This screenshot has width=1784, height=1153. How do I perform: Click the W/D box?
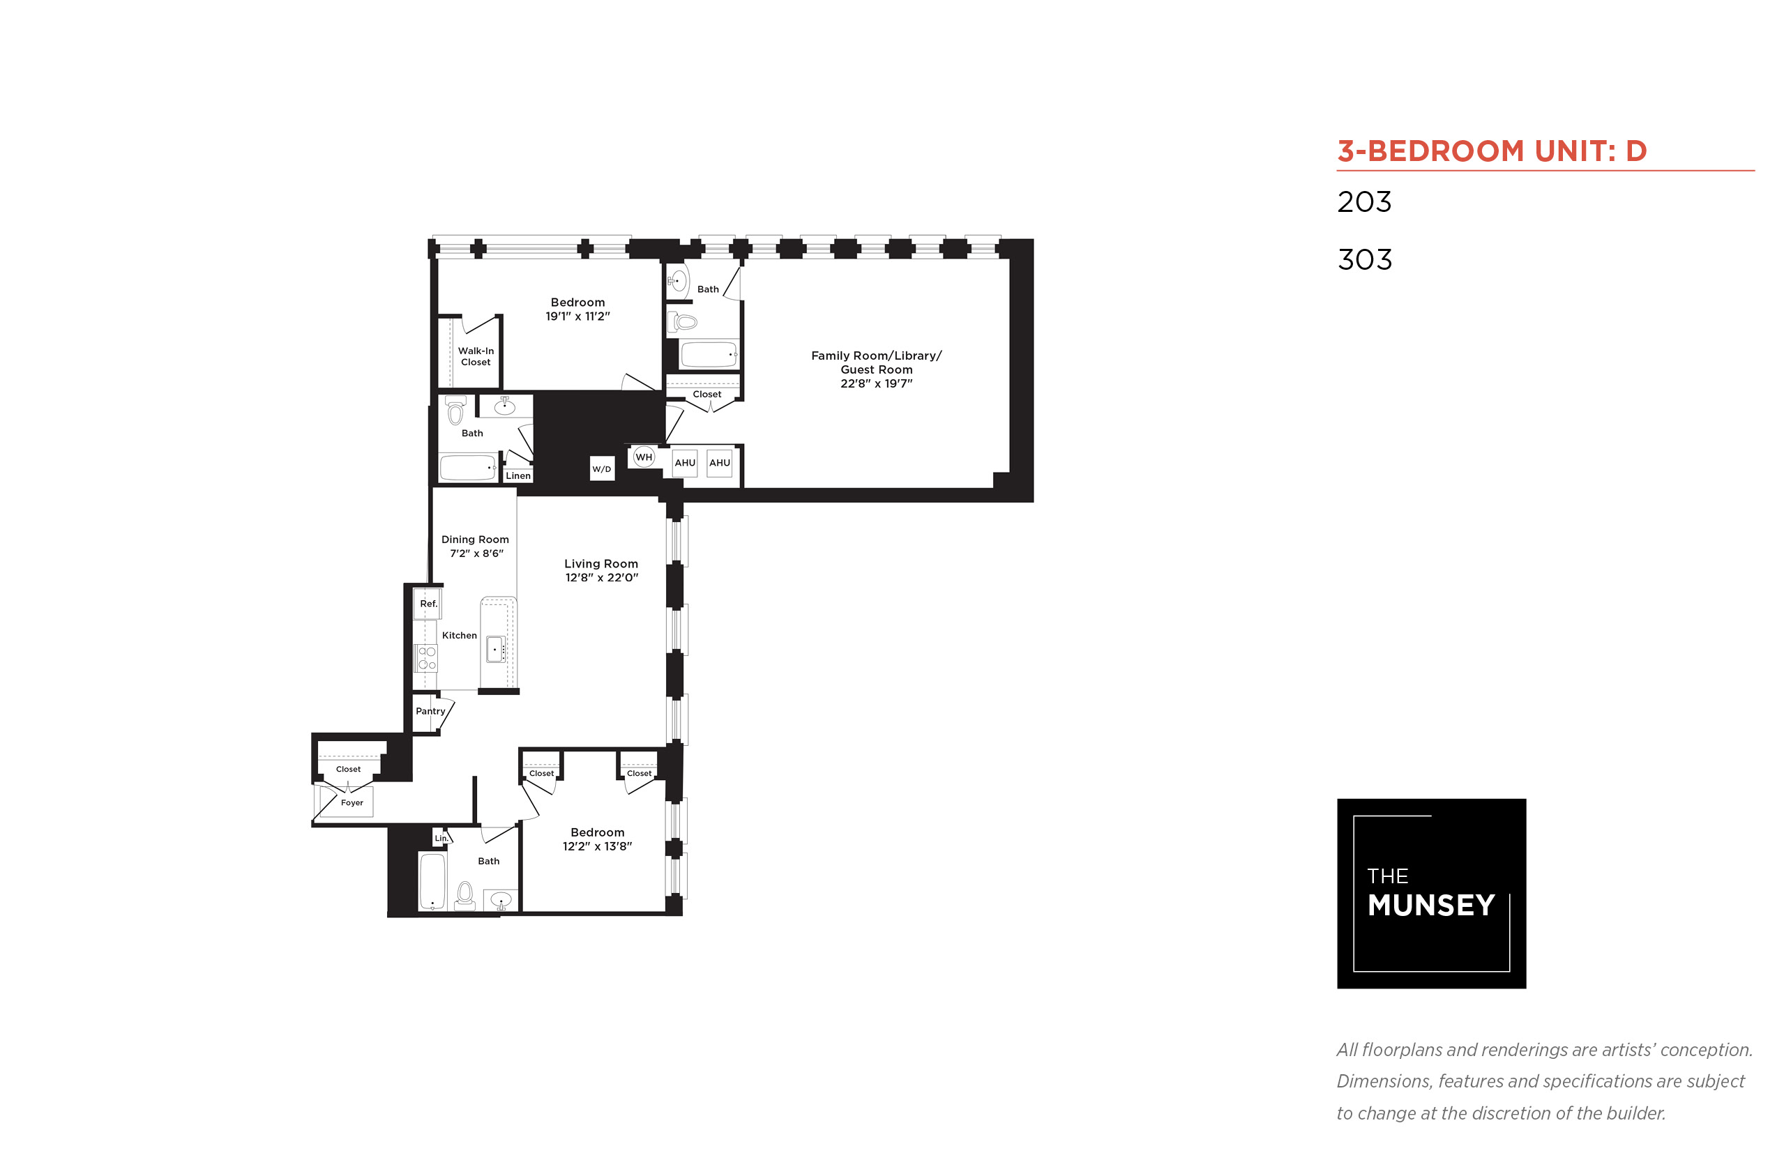(601, 468)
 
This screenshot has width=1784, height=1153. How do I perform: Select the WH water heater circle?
(643, 457)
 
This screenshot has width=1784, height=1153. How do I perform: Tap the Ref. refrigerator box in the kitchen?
(428, 604)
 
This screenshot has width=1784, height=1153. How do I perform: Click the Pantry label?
(430, 710)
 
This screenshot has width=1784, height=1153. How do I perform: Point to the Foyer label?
(351, 802)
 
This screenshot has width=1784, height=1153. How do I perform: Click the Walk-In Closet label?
(476, 356)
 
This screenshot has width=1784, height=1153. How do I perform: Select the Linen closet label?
(517, 475)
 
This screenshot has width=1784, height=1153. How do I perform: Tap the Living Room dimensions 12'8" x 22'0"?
(601, 577)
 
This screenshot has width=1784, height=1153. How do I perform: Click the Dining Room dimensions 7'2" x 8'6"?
(476, 553)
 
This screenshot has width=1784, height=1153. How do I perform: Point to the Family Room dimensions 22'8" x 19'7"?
(875, 383)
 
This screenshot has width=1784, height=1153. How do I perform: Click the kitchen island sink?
(495, 649)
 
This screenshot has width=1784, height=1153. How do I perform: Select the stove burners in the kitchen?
(427, 658)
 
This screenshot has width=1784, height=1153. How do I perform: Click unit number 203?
(1364, 201)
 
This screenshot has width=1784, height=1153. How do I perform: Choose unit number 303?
(1365, 260)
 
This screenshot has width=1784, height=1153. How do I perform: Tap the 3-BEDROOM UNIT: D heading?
(1492, 151)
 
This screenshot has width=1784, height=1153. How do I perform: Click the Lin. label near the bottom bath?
(441, 838)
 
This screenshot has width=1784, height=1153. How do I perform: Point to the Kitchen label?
(459, 635)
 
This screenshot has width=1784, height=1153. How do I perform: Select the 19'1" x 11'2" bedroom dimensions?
(577, 316)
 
